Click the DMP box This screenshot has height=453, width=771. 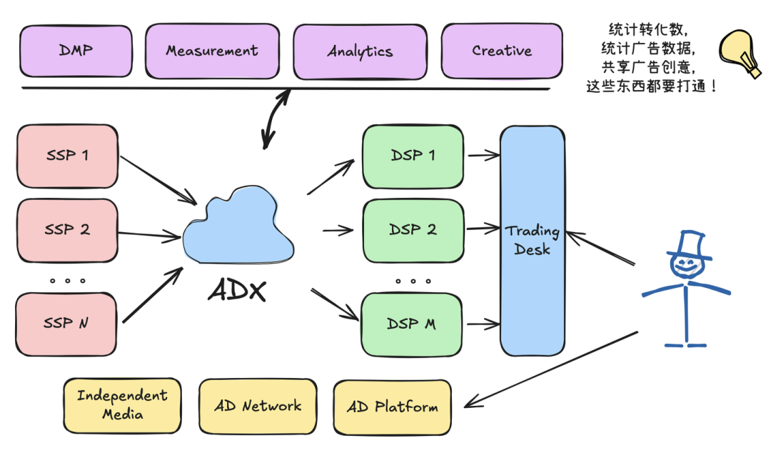click(x=76, y=51)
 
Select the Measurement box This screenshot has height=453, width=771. click(x=213, y=51)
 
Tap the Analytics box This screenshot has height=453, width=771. click(x=360, y=51)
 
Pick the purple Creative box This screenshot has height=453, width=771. click(x=502, y=51)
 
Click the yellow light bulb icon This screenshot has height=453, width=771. click(x=739, y=53)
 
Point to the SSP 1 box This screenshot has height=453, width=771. click(x=67, y=156)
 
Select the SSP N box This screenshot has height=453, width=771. click(x=66, y=324)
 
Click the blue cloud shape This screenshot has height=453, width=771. click(x=238, y=226)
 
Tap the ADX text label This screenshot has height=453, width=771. click(x=238, y=290)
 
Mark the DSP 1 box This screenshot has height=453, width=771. click(x=413, y=156)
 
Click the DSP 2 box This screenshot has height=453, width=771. click(x=413, y=231)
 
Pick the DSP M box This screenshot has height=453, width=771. click(x=412, y=324)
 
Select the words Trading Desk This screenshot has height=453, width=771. click(x=533, y=240)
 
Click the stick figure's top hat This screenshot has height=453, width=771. click(x=690, y=244)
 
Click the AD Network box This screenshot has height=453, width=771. click(x=258, y=407)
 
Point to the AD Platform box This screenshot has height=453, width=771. click(x=393, y=407)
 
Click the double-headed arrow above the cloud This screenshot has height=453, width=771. click(x=276, y=119)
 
